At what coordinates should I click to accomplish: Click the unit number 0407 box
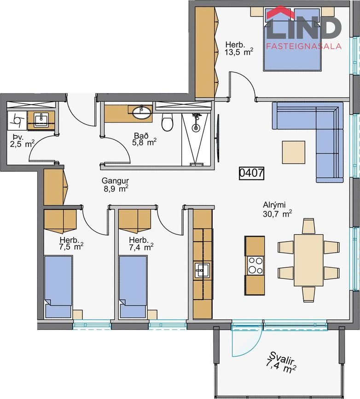(251, 173)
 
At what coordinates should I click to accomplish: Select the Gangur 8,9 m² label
(115, 184)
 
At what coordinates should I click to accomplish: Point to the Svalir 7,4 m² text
(280, 364)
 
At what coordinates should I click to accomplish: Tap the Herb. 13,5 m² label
(238, 48)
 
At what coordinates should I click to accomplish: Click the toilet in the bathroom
(167, 122)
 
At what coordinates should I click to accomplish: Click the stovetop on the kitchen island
(255, 265)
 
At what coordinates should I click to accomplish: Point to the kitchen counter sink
(202, 270)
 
